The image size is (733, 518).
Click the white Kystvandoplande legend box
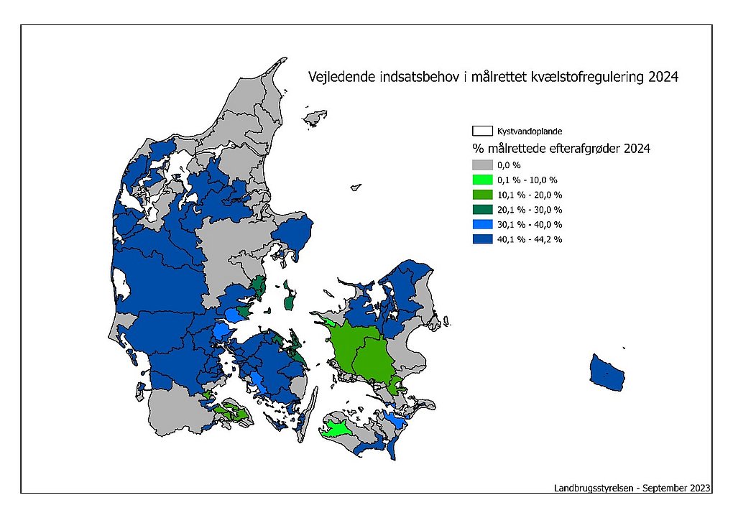tap(482, 131)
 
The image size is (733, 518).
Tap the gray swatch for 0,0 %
tap(482, 165)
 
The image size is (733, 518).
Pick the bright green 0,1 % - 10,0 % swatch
tap(482, 180)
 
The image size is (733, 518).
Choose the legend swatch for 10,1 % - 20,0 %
tap(482, 195)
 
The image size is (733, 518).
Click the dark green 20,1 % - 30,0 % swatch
tap(482, 210)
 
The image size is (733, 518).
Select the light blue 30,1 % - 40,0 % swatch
tap(482, 225)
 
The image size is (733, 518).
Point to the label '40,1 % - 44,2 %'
tap(530, 240)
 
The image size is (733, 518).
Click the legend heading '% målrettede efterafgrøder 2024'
tap(561, 149)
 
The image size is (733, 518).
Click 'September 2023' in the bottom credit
tap(676, 488)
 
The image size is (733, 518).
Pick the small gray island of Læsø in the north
tap(315, 116)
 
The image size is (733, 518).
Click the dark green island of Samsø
tap(290, 298)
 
